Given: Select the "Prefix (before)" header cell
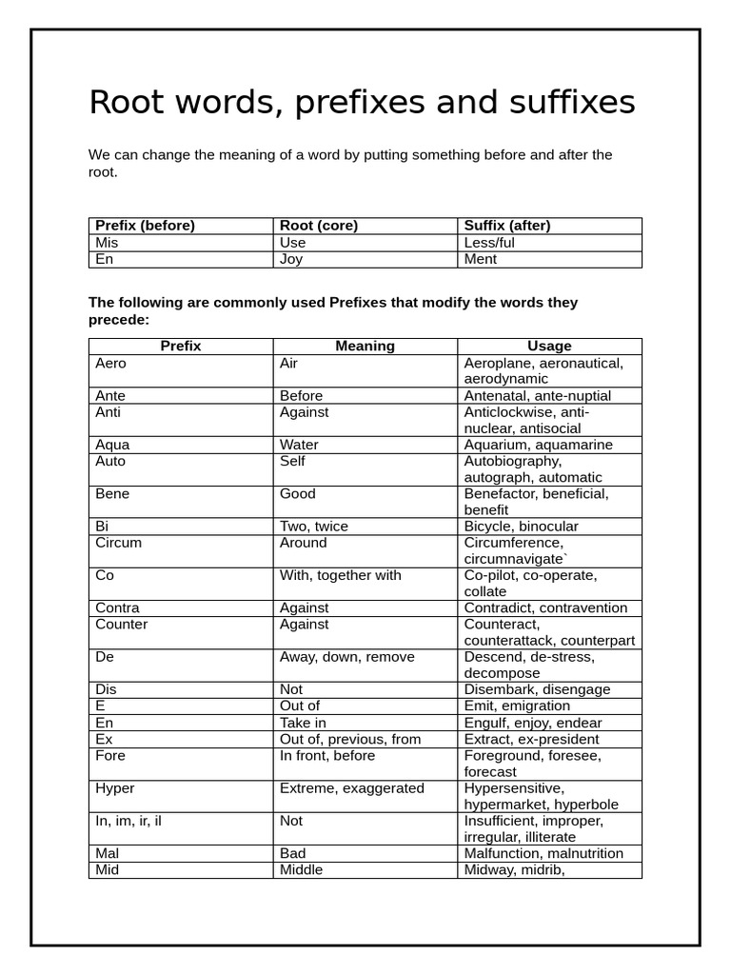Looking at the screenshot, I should pos(145,226).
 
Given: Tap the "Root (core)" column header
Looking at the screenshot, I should pos(317,226).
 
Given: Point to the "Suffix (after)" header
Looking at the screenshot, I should pos(507,226).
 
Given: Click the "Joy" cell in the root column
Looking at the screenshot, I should pos(291,259).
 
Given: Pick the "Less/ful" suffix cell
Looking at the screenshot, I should pos(489,243).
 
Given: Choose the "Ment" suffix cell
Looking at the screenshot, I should pos(481,259).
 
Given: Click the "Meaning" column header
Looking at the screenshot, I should pos(365,347).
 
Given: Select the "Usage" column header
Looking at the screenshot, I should pos(549,347).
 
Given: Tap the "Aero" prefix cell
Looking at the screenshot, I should pos(110,364).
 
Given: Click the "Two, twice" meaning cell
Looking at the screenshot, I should pos(314,527).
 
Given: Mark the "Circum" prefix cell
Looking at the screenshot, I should pos(118,543).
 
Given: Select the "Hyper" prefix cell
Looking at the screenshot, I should pos(115,788).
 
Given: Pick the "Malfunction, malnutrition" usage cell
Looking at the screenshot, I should pos(543,854).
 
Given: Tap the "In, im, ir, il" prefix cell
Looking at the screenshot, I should pos(128,821).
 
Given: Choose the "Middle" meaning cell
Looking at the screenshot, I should pos(301,870).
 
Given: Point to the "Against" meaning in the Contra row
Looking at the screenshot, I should pos(305,608).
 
